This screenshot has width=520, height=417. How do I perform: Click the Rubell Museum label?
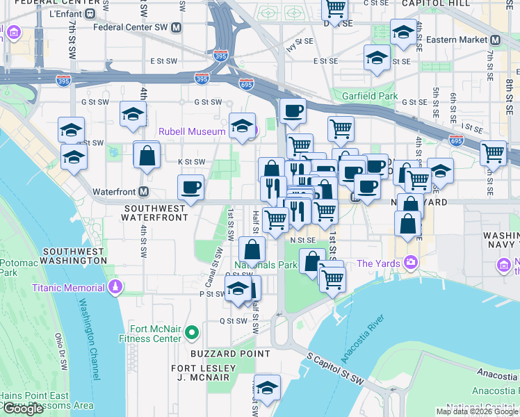coord(192,131)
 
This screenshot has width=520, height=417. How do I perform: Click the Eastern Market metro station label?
coord(458,40)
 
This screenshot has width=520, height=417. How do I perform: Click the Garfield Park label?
coord(368,96)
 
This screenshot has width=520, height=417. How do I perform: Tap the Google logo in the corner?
coord(23,409)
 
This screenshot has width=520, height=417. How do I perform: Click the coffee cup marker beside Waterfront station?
coord(190,186)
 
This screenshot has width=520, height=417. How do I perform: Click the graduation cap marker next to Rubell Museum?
coord(242,126)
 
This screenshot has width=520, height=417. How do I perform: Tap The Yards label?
coord(380,263)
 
